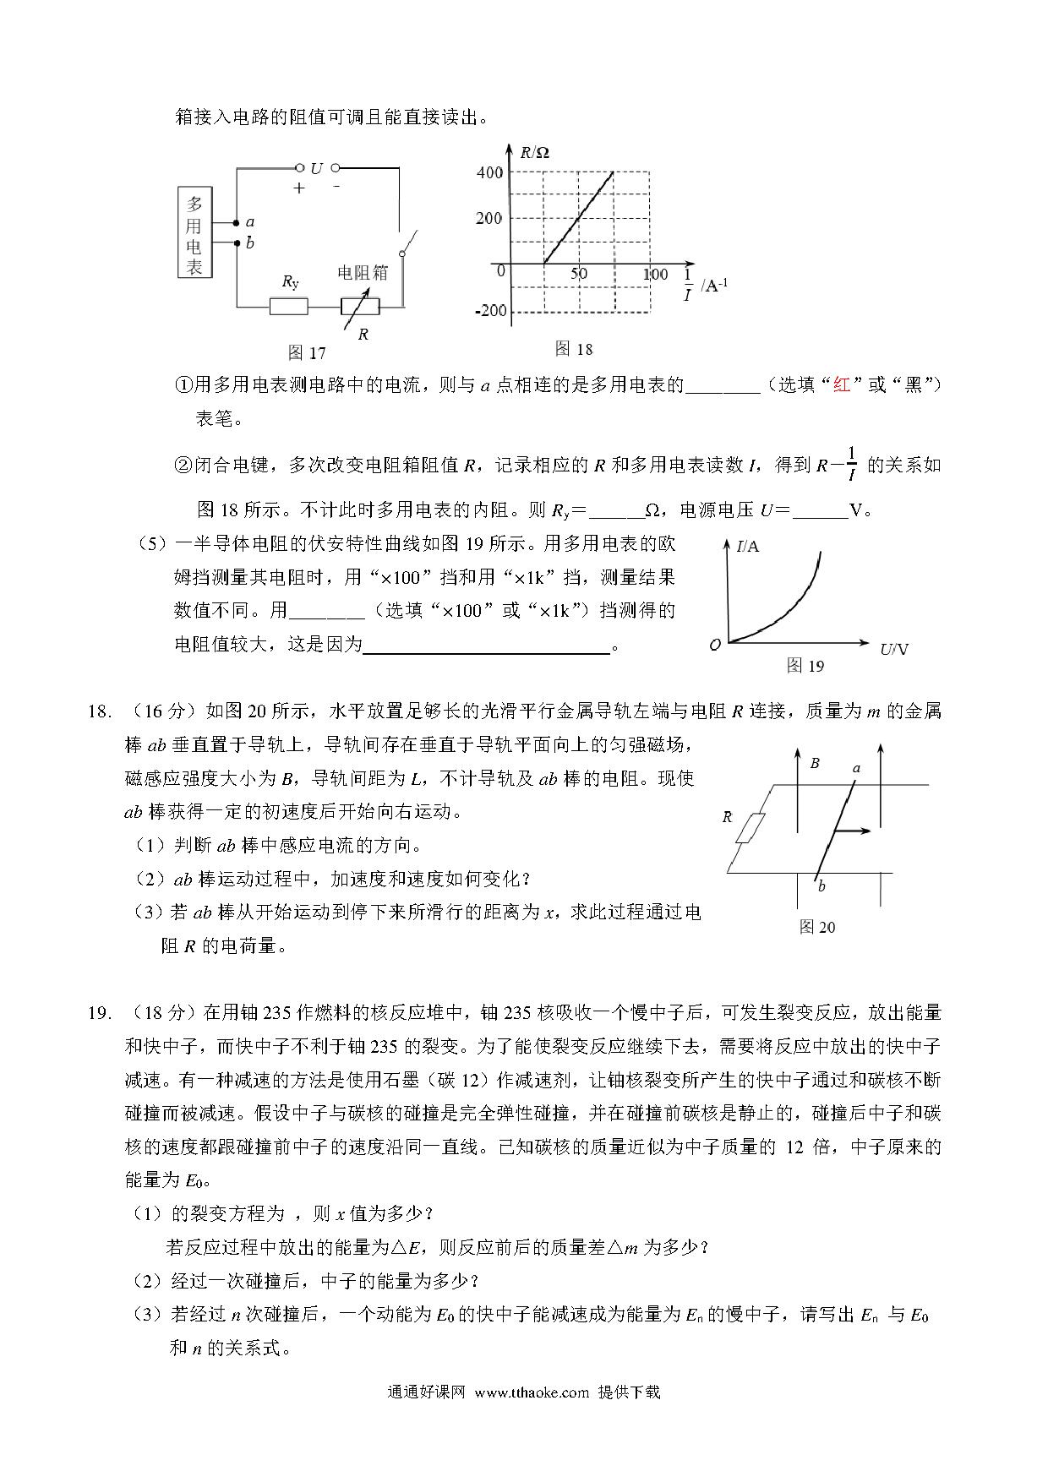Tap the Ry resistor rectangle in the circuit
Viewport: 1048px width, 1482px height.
(288, 306)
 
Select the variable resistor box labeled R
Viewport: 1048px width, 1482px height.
(360, 306)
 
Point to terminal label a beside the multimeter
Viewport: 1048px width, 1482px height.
(250, 222)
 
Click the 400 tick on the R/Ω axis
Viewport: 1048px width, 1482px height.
(489, 172)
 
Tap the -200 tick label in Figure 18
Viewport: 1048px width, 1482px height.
(490, 311)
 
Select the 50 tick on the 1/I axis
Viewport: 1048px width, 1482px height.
(579, 274)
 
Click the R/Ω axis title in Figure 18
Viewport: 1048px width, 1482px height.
(534, 153)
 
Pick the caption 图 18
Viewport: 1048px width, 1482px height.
(574, 348)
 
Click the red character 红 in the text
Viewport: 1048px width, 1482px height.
(841, 385)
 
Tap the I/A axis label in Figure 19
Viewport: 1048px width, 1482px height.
(748, 547)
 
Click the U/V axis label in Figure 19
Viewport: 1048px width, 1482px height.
(894, 649)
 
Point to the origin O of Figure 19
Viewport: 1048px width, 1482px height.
(715, 645)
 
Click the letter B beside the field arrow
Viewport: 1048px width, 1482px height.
(815, 763)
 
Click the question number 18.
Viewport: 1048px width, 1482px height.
(99, 711)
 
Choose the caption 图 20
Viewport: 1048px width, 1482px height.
(816, 927)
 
